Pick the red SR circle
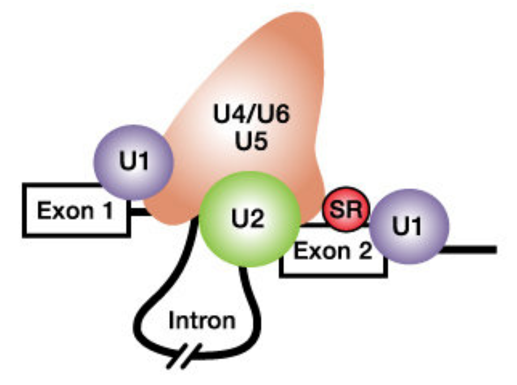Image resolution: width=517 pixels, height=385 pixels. click(346, 209)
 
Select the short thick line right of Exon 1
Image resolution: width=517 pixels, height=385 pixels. click(138, 213)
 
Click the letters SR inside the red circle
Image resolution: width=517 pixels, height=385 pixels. click(346, 208)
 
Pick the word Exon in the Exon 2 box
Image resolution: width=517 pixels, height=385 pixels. click(321, 250)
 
